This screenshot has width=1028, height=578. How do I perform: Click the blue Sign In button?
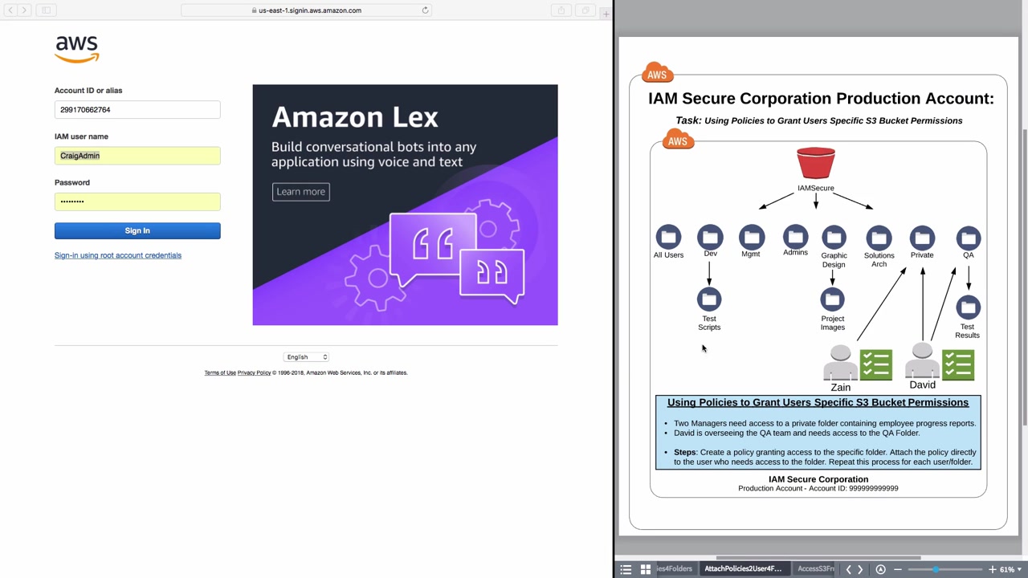click(x=137, y=231)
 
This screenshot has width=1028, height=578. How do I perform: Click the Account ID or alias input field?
click(x=137, y=110)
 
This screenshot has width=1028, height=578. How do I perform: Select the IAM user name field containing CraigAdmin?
click(x=137, y=156)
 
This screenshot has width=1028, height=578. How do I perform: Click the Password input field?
click(x=137, y=201)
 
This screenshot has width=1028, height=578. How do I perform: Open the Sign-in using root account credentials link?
click(x=118, y=255)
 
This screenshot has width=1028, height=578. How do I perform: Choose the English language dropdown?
click(x=306, y=357)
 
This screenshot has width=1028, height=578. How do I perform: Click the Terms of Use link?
click(x=220, y=372)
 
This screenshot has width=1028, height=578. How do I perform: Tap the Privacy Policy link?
click(x=254, y=372)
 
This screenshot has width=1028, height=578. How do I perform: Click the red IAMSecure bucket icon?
click(x=816, y=163)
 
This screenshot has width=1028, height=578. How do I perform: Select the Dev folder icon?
click(x=710, y=238)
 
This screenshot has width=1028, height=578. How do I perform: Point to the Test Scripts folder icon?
click(x=709, y=300)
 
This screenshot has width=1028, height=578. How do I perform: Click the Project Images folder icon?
click(x=833, y=300)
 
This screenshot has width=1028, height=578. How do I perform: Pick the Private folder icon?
click(x=922, y=238)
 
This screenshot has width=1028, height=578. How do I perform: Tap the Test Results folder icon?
click(x=968, y=307)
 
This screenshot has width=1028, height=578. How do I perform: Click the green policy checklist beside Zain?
click(x=876, y=364)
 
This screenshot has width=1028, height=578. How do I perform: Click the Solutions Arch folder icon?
click(x=879, y=238)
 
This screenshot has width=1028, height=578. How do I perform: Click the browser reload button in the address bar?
click(x=425, y=10)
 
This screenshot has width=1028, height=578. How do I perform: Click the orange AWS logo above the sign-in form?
click(x=77, y=49)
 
